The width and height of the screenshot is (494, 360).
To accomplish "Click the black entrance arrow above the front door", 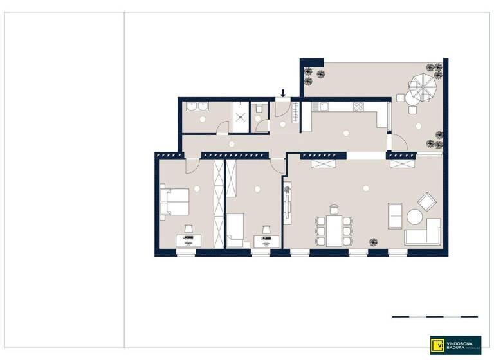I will (x=283, y=93).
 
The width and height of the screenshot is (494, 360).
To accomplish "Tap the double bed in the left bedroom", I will (x=174, y=203).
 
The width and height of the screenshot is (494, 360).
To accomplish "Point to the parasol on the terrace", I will (x=423, y=86).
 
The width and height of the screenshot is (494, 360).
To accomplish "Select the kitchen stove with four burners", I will (x=358, y=107).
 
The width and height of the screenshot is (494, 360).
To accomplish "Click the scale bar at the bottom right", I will (x=435, y=316).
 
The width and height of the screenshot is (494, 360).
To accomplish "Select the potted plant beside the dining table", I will (x=372, y=241).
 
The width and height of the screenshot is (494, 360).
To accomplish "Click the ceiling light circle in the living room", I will (x=365, y=188).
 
